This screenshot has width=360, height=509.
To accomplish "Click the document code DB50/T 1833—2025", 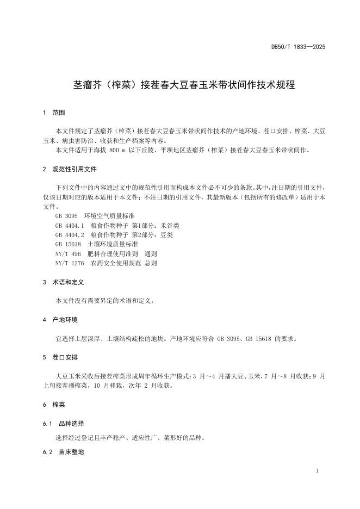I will point(298,47).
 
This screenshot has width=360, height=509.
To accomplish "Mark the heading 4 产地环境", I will point(60,319).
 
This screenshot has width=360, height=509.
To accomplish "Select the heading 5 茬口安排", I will point(60,357).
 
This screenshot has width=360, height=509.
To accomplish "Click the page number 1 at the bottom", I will point(317,471).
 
